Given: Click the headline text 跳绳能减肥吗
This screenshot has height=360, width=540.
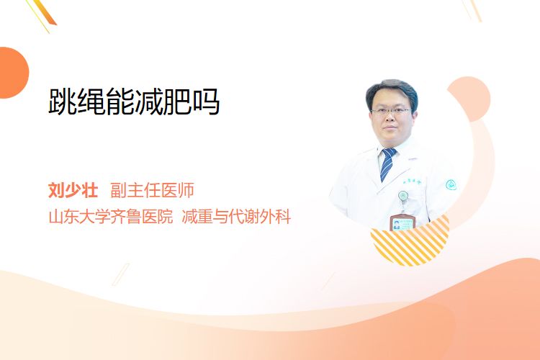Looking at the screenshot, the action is [x=134, y=102].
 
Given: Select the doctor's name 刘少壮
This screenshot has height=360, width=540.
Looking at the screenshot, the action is [x=73, y=190].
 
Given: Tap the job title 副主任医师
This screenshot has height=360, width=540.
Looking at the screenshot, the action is [x=152, y=190].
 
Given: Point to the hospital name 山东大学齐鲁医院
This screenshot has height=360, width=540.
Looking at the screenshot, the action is [x=111, y=217].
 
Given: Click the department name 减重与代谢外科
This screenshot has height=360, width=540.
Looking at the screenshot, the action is [x=236, y=217].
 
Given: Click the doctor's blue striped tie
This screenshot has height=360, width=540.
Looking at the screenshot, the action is [x=387, y=164].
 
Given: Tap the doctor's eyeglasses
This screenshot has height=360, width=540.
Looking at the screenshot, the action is [x=391, y=112].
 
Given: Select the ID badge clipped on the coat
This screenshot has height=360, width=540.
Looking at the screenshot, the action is [x=402, y=222].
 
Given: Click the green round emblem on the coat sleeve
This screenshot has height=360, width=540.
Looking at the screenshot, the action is [x=451, y=185].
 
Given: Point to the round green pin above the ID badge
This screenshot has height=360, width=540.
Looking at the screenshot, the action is [x=403, y=196].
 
